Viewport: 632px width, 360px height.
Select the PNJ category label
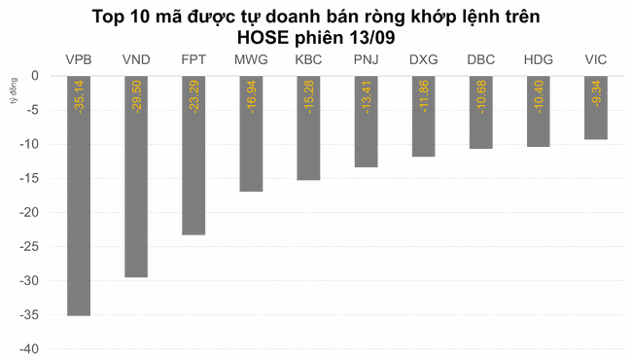pos(366,60)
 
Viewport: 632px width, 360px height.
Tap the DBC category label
pos(480,60)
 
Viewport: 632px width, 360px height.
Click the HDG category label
pos(538,60)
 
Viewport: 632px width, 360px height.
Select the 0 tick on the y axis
pos(35,76)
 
